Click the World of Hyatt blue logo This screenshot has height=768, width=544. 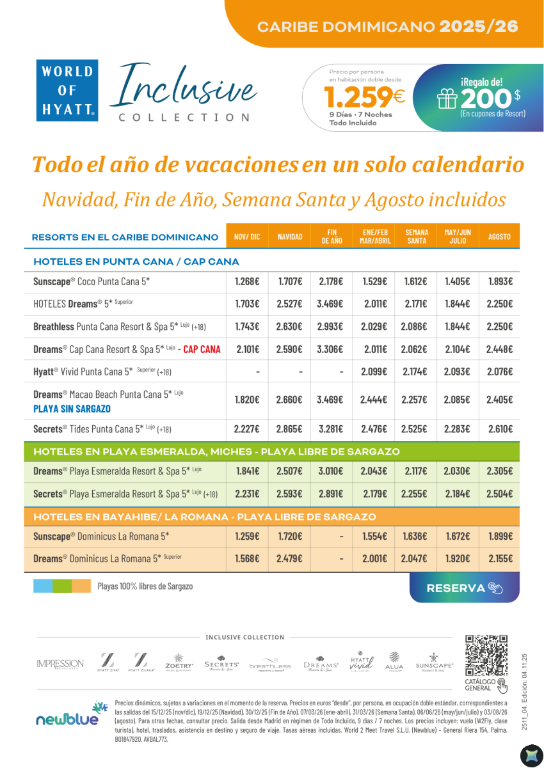pyautogui.click(x=68, y=90)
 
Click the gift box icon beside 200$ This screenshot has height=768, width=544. pyautogui.click(x=446, y=98)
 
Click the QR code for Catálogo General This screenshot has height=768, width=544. pyautogui.click(x=486, y=656)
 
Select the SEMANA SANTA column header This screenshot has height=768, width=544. pyautogui.click(x=417, y=236)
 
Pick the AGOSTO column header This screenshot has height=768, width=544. pyautogui.click(x=499, y=237)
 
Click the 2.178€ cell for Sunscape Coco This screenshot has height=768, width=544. pyautogui.click(x=330, y=281)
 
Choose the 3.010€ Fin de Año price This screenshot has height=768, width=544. pyautogui.click(x=330, y=471)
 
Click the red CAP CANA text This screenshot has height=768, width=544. pyautogui.click(x=202, y=349)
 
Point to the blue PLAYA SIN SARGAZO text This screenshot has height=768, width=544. pyautogui.click(x=72, y=409)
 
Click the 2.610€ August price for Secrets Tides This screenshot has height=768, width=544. pyautogui.click(x=499, y=429)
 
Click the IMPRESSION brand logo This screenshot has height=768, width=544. pyautogui.click(x=60, y=664)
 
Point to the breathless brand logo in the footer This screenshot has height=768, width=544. pyautogui.click(x=270, y=664)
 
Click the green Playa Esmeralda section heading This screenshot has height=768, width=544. pyautogui.click(x=216, y=451)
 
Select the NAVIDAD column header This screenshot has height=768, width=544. pyautogui.click(x=290, y=237)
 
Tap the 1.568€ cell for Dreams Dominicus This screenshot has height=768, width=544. pyautogui.click(x=247, y=559)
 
